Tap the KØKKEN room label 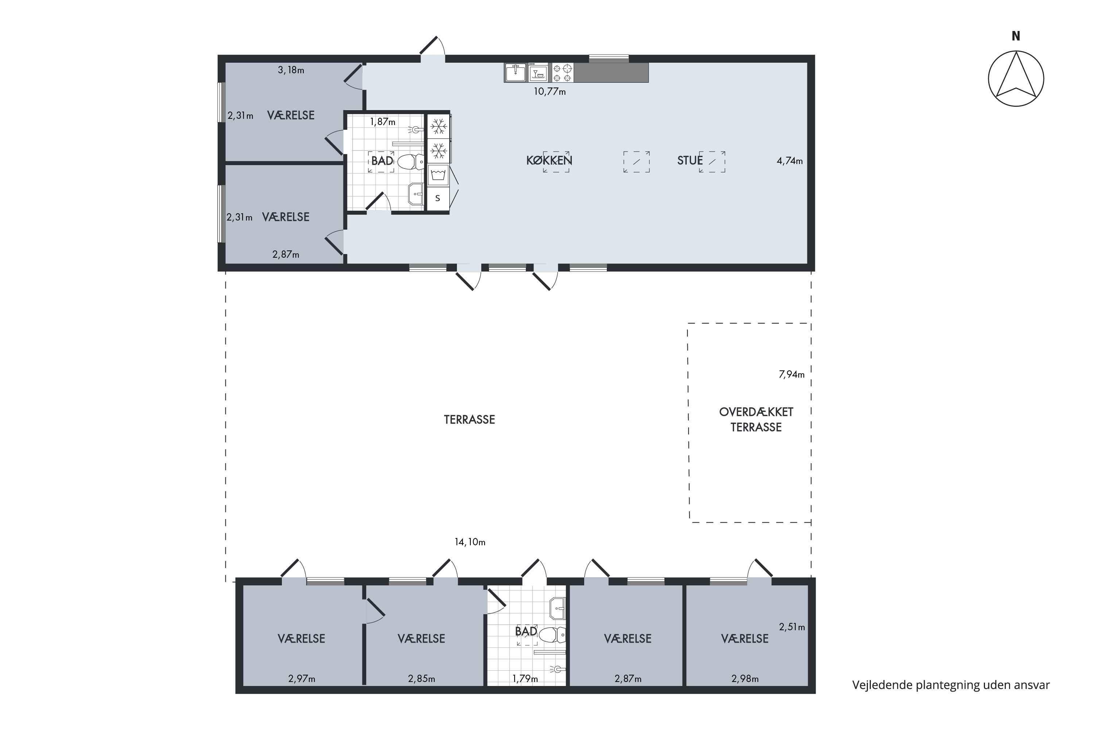(x=549, y=160)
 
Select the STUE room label (x=690, y=160)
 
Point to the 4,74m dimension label (x=790, y=161)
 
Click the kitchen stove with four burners (x=562, y=73)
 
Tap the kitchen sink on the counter (x=515, y=73)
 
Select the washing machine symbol (x=438, y=175)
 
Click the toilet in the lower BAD (x=552, y=634)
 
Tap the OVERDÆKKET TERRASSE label (x=756, y=420)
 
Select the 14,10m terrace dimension (x=470, y=542)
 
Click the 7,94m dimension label (x=792, y=374)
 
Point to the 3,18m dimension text (x=291, y=70)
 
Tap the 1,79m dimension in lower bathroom (x=525, y=679)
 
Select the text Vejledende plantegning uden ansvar (x=951, y=685)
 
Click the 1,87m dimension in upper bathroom (x=383, y=122)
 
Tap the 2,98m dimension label (x=745, y=679)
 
